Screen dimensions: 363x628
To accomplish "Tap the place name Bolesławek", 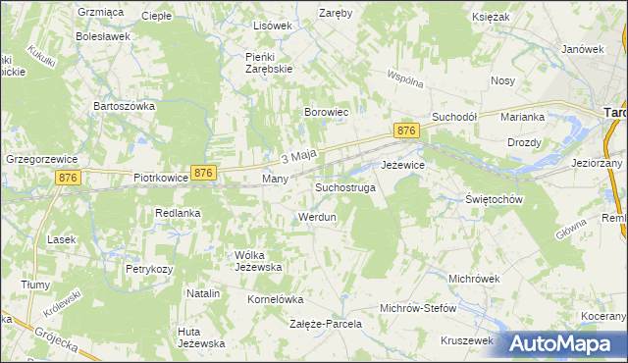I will [103, 36].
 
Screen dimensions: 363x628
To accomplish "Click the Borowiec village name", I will [327, 113].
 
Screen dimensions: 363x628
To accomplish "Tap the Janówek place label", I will [581, 49].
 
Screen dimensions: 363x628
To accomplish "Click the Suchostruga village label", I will [345, 186].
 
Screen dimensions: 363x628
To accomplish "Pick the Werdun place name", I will [316, 216].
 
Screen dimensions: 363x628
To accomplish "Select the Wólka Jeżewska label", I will [258, 260].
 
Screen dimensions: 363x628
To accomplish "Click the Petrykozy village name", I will [149, 268].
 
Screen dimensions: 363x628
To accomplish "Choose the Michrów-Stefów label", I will [418, 308].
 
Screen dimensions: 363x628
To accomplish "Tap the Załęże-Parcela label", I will [326, 323].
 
